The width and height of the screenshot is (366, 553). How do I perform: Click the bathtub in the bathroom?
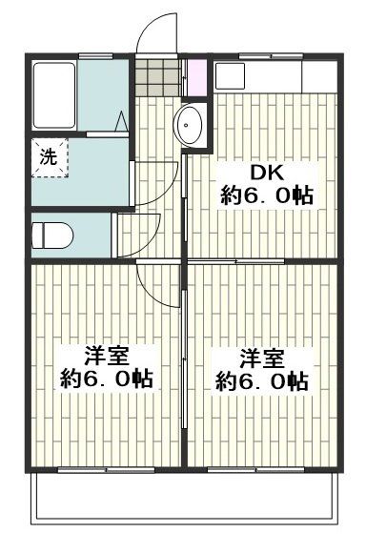coord(54,96)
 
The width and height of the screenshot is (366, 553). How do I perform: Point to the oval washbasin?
coord(190,123)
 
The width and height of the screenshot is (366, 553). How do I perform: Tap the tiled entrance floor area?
coord(155,76)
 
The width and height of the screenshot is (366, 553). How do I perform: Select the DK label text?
coord(266,174)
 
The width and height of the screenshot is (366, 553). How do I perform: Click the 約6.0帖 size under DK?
coord(266,196)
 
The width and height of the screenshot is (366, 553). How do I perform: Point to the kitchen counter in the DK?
coord(274,75)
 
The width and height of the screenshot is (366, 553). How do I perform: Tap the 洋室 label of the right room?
coord(261,358)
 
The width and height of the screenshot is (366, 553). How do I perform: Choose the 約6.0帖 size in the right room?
coord(261,381)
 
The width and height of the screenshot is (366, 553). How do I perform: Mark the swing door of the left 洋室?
coord(157,284)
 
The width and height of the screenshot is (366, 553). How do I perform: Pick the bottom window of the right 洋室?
coord(261,469)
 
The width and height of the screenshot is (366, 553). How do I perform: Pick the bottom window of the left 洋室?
coord(105,469)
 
